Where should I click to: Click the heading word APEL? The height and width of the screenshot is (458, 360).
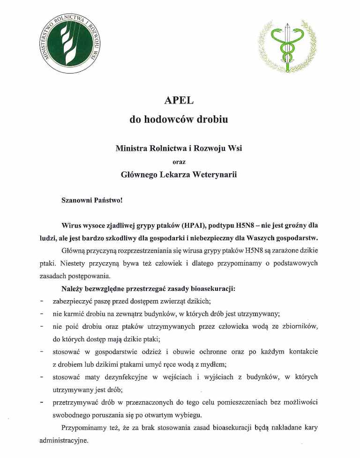coord(179,100)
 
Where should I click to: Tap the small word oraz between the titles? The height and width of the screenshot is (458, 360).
coord(179,162)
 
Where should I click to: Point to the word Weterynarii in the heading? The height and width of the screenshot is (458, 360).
coord(214,175)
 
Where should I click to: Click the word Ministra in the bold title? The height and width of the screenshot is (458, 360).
coord(132,148)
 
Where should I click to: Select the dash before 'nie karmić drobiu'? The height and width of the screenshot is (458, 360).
coord(42,314)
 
